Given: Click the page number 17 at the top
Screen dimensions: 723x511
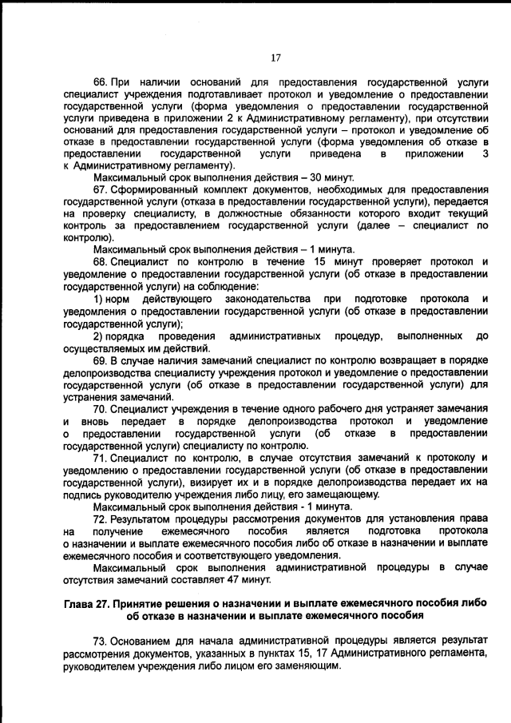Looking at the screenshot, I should [275, 57].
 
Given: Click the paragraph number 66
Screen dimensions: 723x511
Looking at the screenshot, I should [101, 81].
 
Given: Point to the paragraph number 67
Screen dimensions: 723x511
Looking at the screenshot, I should [101, 189].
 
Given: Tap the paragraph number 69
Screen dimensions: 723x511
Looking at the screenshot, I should [101, 361].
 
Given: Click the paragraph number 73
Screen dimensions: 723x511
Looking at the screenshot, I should [101, 641].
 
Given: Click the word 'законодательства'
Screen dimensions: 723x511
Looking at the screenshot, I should [267, 298].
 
